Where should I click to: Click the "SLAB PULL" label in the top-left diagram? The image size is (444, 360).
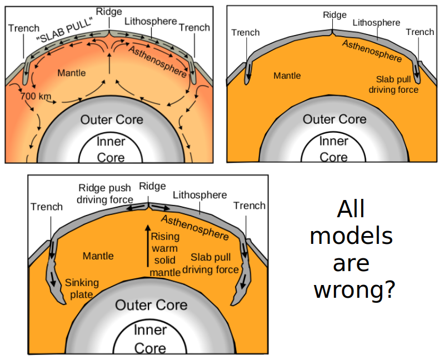point(63,28)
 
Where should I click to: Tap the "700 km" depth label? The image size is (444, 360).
point(36,96)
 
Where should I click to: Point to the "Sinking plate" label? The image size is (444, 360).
point(82,288)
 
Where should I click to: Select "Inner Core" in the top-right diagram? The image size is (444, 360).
point(333,149)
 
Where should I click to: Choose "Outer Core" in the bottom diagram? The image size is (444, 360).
point(151,305)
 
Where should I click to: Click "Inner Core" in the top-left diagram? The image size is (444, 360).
point(111,149)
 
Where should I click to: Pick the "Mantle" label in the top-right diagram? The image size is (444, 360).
point(287,76)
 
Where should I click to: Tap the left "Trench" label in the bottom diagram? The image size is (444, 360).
point(47,207)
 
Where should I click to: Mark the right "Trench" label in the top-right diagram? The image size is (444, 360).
point(420,32)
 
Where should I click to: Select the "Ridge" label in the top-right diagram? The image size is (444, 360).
point(335,15)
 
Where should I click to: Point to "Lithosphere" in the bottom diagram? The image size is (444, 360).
point(199,195)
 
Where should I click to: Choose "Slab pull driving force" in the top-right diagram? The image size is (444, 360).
point(397,84)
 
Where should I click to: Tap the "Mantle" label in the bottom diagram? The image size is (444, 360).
point(98,256)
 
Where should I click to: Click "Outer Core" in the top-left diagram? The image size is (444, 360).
point(112,119)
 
